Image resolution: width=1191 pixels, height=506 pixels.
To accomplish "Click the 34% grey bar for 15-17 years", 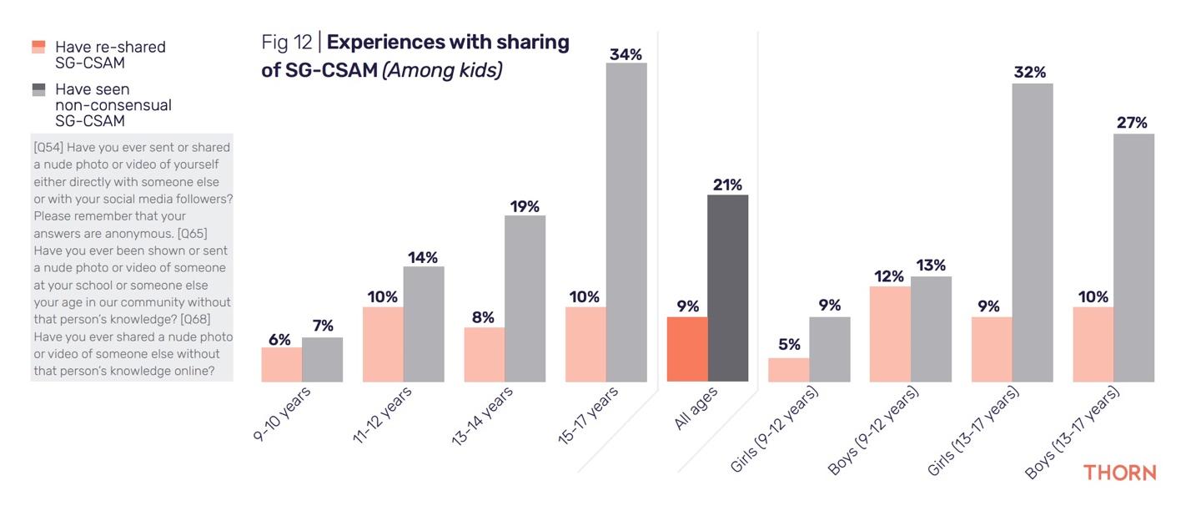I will pos(626,222).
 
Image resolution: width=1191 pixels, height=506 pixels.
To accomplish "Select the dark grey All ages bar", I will pos(727,288).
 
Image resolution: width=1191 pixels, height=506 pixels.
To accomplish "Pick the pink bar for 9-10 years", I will pos(281,364).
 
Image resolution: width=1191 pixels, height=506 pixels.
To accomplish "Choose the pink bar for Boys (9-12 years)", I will pos(890,334).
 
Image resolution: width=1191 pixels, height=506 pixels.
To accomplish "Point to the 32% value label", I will pos(1030,73).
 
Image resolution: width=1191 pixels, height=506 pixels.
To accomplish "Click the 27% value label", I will pos(1132,123).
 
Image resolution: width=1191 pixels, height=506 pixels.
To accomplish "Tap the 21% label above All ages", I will pos(727,185).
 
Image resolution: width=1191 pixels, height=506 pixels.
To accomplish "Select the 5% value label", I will pos(789,344).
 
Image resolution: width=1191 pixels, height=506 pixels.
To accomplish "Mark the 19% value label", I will pos(525,206).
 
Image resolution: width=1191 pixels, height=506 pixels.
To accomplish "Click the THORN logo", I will pos(1119,473).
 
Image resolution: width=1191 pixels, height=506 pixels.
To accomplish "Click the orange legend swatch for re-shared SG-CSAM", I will pos(38,47).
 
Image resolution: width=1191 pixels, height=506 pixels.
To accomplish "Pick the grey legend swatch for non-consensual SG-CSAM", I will pos(38,89).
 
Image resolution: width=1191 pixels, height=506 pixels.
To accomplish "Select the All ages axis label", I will pos(695,409).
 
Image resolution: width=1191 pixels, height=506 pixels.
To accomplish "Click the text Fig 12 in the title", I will pos(286,43).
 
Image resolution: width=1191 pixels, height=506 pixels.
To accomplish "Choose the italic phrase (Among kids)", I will pos(442,70).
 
